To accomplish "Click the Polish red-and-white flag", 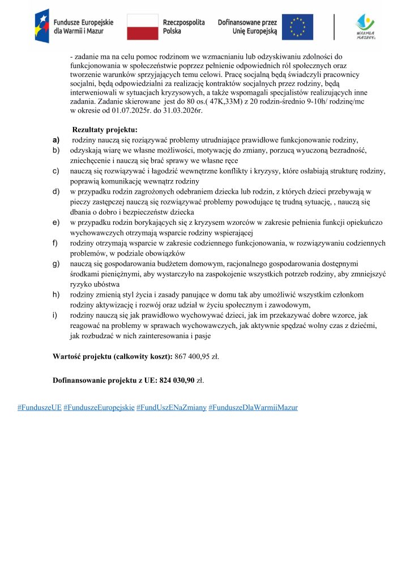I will coord(142,27).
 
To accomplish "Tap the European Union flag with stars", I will coord(301,27).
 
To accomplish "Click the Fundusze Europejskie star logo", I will coord(41,26).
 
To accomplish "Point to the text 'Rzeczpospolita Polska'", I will coord(183,27).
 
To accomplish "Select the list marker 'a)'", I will coord(56,139).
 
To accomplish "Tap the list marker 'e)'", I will coord(56,223).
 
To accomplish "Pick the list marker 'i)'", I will coord(55,315).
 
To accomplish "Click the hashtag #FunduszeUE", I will coord(40,407).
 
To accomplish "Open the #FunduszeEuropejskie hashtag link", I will coord(99,407).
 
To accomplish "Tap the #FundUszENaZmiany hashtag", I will coord(171,407).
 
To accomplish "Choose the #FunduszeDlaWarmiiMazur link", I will coord(253,407).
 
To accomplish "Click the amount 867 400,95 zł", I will coord(197,357).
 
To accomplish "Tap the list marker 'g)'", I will coord(56,264).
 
